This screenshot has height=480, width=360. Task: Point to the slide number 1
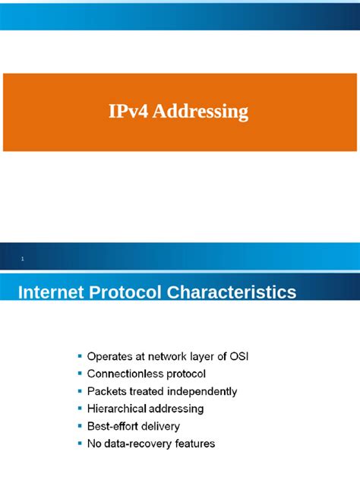click(x=23, y=260)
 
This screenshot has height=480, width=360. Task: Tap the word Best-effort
click(x=115, y=426)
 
